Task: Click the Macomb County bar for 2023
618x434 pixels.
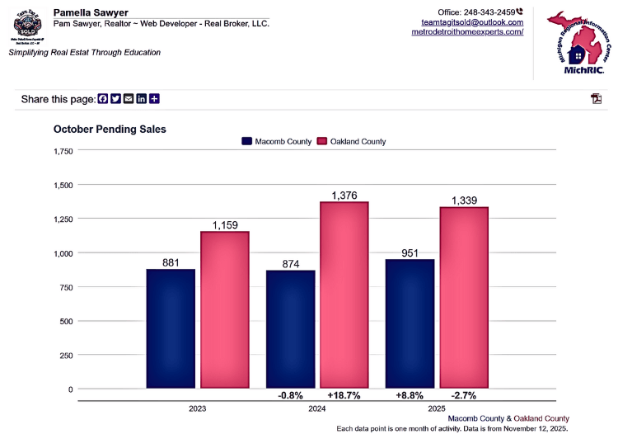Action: click(x=171, y=328)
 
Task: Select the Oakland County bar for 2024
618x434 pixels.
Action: click(x=344, y=295)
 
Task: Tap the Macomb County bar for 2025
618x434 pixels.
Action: click(x=410, y=323)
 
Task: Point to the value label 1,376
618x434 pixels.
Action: click(x=344, y=195)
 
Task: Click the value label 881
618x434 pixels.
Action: click(x=171, y=262)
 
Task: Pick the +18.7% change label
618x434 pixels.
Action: click(x=344, y=395)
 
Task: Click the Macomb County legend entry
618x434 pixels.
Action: click(x=276, y=141)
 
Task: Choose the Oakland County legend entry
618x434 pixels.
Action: click(x=351, y=141)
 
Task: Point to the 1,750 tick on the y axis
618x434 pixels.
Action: click(x=63, y=151)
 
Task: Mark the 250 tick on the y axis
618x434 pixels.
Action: click(x=65, y=355)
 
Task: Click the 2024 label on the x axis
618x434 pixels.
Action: click(x=316, y=409)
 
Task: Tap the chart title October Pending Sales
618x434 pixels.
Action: click(x=110, y=130)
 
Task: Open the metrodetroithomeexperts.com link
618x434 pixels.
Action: click(x=467, y=32)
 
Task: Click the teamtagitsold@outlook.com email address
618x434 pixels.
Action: click(x=472, y=22)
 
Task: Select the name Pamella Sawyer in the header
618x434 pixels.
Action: click(x=90, y=12)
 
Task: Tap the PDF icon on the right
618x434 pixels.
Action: click(x=596, y=99)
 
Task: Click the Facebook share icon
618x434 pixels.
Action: click(x=103, y=99)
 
